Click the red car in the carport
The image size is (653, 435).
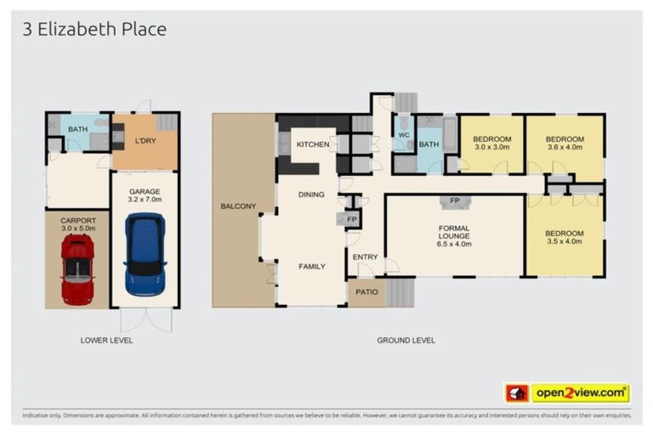coord(77,270)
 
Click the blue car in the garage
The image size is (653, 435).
coord(144,255)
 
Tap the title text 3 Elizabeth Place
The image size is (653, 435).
coord(94,30)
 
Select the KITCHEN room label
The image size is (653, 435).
coord(312,144)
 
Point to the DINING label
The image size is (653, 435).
coord(311,195)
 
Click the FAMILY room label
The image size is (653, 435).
coord(311,266)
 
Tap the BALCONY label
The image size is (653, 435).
coord(238,206)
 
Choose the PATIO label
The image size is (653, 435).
coord(366,292)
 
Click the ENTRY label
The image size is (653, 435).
coord(366,257)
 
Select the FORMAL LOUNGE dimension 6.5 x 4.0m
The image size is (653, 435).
coord(454,244)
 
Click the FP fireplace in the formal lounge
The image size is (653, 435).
coord(455,201)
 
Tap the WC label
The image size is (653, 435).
coord(403,134)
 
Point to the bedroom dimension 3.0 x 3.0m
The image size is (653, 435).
coord(492,148)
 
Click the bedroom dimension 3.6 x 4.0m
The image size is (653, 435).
coord(565,148)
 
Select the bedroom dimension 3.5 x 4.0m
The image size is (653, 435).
coord(565,242)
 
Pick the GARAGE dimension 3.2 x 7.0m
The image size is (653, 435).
coord(145,200)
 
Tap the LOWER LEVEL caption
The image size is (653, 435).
coord(106,341)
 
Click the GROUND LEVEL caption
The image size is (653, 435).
coord(406,341)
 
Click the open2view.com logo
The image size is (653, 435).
coord(580,393)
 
